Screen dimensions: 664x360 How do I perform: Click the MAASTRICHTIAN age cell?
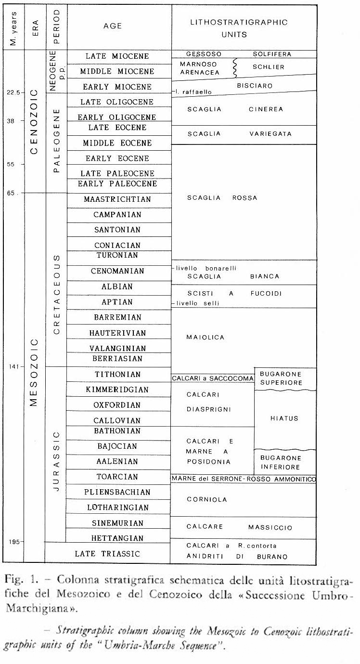117,199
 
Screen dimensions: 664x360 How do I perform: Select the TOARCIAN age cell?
117,477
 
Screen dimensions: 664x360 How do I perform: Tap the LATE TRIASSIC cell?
107,554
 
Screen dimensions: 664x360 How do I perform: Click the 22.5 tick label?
12,92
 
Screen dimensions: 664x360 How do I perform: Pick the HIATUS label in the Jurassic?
285,418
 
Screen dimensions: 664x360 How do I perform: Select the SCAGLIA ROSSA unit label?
222,197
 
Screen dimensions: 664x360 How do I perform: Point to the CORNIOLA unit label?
207,499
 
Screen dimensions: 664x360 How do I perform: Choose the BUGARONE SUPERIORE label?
281,378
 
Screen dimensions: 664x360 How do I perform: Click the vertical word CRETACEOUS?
56,295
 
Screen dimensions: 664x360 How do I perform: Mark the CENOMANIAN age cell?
117,271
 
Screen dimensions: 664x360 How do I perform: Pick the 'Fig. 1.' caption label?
16,578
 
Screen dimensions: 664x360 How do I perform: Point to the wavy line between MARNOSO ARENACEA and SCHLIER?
235,68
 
